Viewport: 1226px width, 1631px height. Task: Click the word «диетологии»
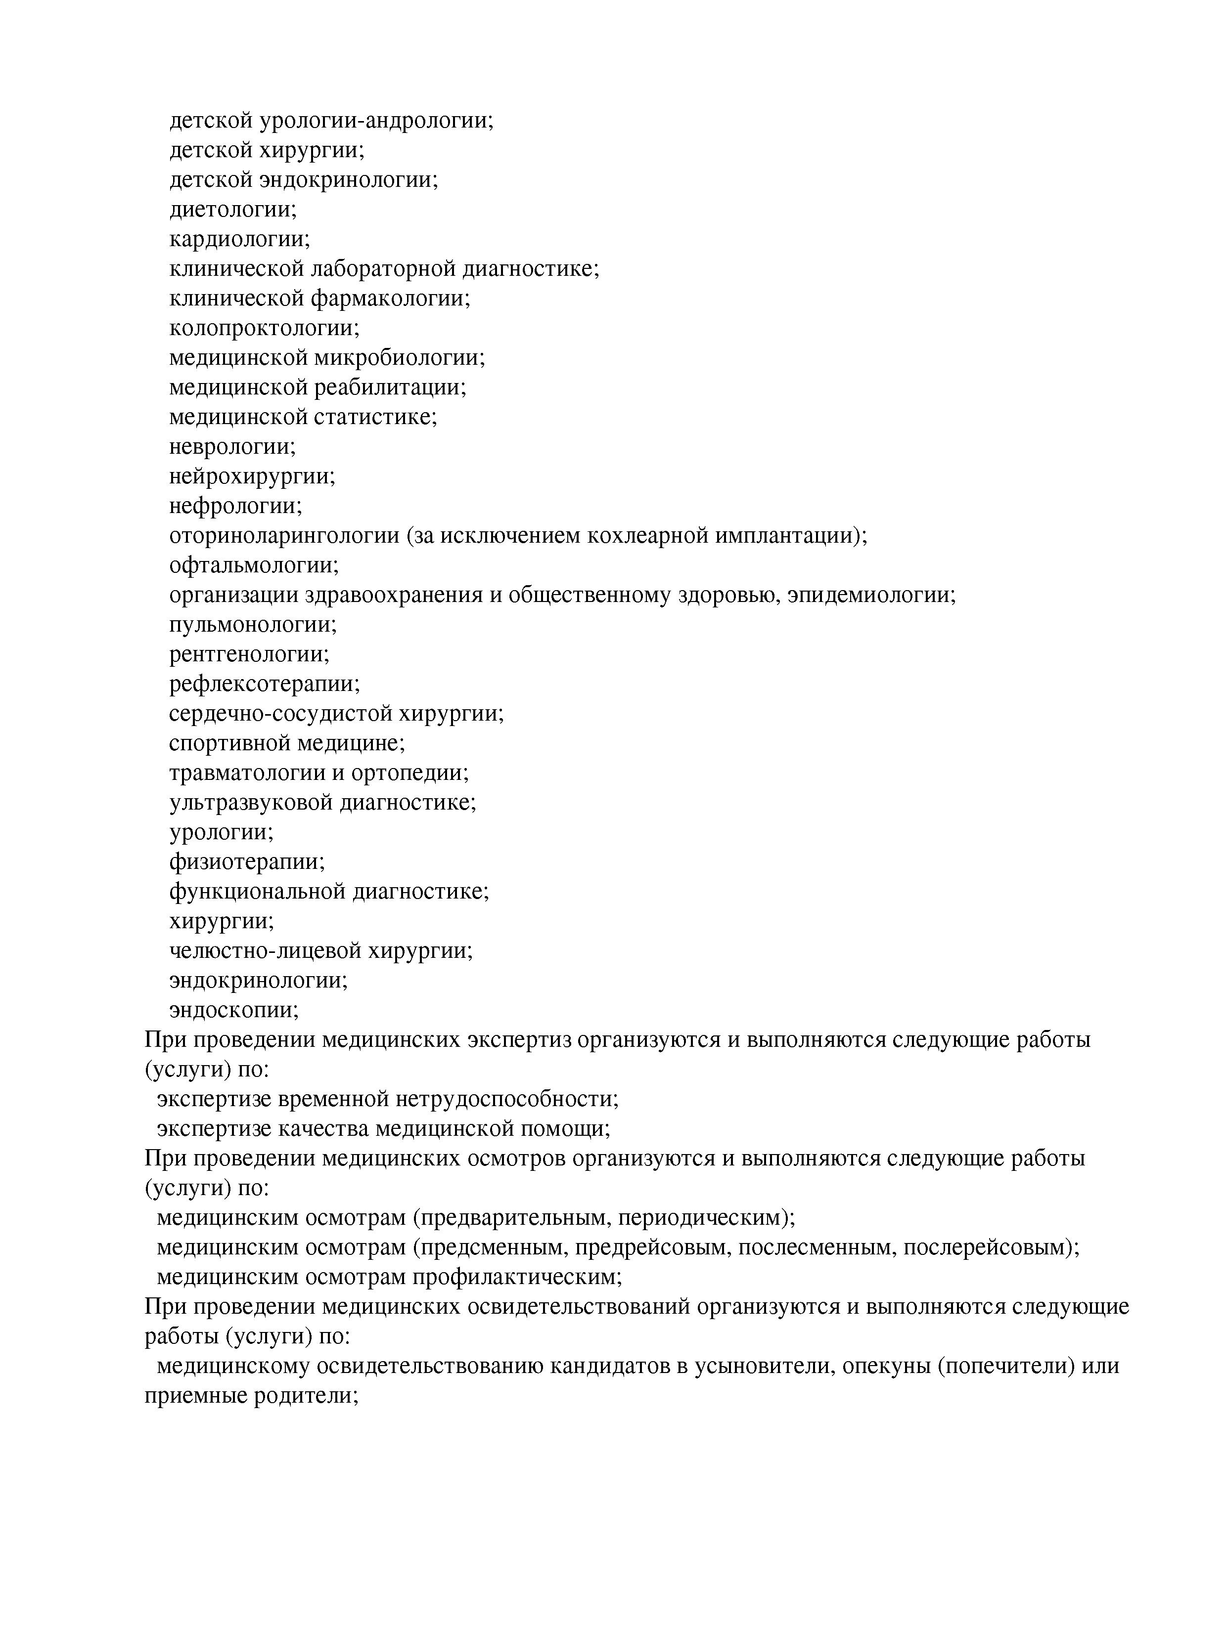point(232,210)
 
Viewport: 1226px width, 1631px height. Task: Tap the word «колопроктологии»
point(264,327)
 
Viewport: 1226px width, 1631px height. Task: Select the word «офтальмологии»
point(254,565)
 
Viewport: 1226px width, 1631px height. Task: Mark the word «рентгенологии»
point(249,654)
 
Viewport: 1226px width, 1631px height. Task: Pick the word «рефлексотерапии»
point(265,684)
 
